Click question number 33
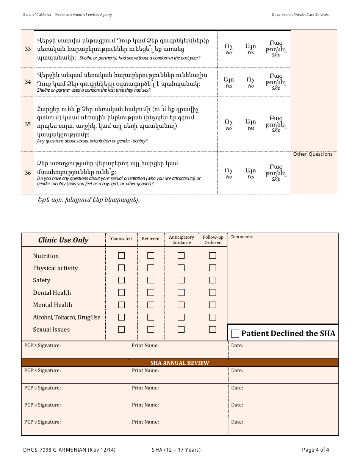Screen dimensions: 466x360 click(28, 49)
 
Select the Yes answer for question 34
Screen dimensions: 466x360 click(229, 82)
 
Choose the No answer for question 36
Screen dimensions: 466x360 click(229, 173)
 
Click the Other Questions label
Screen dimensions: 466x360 click(313, 154)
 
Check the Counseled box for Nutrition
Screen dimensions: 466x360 click(121, 256)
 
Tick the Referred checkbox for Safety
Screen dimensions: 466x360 click(151, 280)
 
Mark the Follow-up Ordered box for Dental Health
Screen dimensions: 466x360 click(213, 292)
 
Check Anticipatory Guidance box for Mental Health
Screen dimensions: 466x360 click(181, 305)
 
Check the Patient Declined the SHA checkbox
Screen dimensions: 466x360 click(235, 333)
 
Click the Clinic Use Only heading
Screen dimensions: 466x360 click(63, 240)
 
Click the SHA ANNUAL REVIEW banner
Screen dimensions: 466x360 click(180, 363)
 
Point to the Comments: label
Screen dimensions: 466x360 click(241, 237)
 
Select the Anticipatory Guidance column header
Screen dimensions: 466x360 click(182, 240)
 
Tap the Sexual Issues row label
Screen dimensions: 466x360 click(51, 330)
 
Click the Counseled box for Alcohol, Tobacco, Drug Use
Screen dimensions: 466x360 click(121, 317)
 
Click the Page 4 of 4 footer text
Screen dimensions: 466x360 click(315, 450)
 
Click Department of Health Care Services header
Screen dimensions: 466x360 click(300, 15)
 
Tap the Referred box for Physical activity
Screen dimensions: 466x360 click(151, 268)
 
